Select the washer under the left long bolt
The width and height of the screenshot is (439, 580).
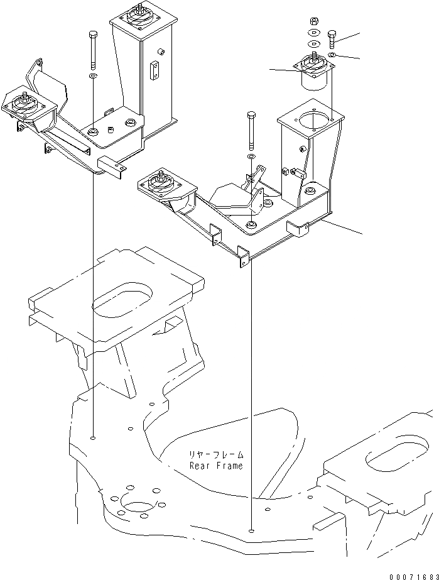[x=93, y=76]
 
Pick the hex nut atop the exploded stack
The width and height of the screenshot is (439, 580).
[x=313, y=20]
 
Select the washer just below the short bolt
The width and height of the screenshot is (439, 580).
[x=332, y=55]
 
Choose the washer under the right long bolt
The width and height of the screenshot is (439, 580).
[x=251, y=156]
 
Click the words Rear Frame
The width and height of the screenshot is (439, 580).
[x=216, y=466]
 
